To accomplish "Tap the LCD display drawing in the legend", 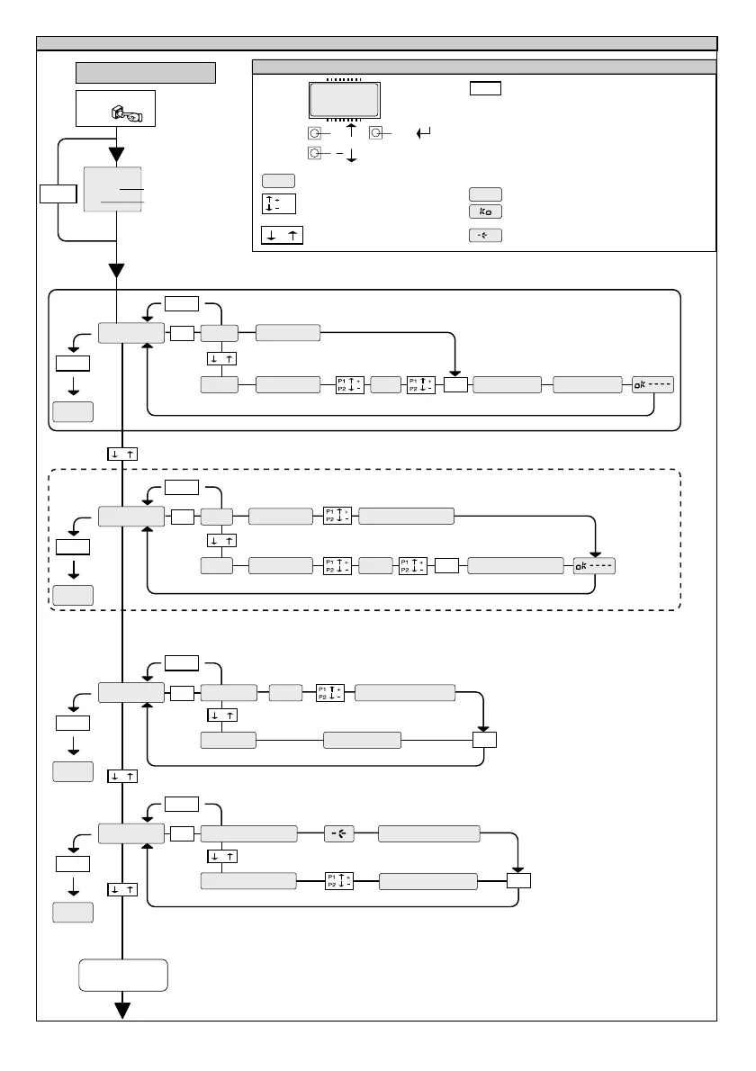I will pyautogui.click(x=346, y=99).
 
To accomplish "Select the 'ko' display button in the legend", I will pyautogui.click(x=484, y=212).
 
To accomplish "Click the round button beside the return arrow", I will pyautogui.click(x=374, y=133).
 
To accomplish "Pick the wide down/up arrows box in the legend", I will pyautogui.click(x=278, y=237).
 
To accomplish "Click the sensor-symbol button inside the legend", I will pyautogui.click(x=484, y=236).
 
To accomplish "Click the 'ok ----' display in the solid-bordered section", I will pyautogui.click(x=652, y=384).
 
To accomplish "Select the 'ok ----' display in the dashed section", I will pyautogui.click(x=594, y=566).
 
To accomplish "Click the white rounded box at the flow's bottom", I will pyautogui.click(x=123, y=975).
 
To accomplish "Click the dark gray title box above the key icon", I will pyautogui.click(x=146, y=72).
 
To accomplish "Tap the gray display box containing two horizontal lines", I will pyautogui.click(x=112, y=189).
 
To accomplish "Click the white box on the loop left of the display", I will pyautogui.click(x=58, y=193).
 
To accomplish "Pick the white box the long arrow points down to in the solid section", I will pyautogui.click(x=455, y=384).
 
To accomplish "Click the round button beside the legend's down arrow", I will pyautogui.click(x=312, y=154).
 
